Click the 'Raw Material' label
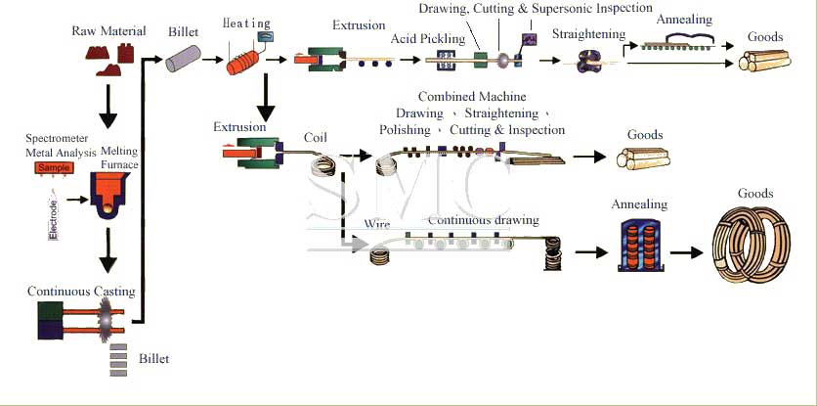108,31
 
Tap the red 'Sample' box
57,168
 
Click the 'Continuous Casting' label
81,292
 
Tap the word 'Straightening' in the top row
588,34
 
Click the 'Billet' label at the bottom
153,359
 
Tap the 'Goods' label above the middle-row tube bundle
645,135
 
